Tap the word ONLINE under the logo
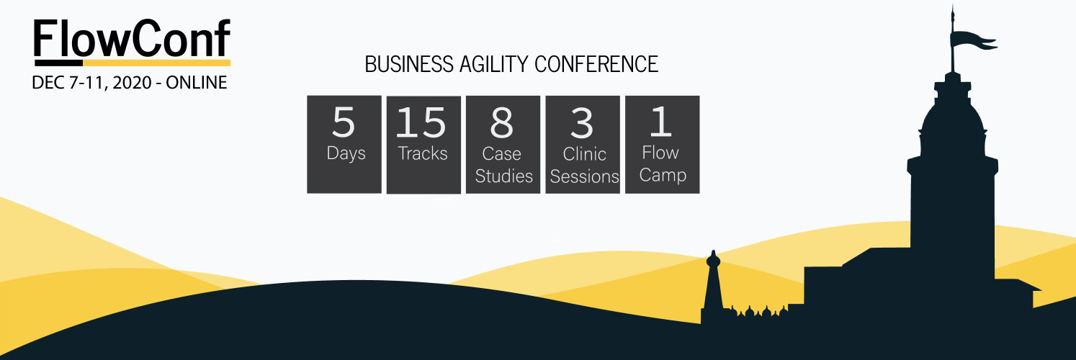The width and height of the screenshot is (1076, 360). [x=197, y=83]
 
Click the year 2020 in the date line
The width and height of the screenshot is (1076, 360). [x=132, y=83]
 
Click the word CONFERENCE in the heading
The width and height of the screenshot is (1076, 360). [x=596, y=64]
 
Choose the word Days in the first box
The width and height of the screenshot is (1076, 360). [x=346, y=153]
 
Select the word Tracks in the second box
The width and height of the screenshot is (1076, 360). [x=423, y=153]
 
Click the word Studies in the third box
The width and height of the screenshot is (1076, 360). [x=504, y=176]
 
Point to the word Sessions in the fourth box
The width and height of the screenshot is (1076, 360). [x=585, y=176]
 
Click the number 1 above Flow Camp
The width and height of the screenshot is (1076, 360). [x=661, y=121]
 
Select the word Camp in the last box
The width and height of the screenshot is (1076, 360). [x=663, y=175]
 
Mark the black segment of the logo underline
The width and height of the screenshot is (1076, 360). [x=58, y=63]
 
